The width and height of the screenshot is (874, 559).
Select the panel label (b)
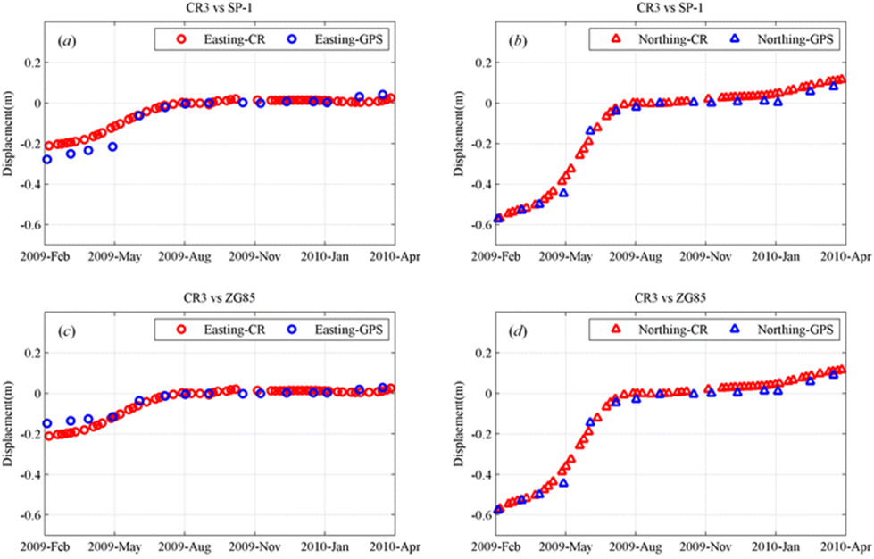click(515, 41)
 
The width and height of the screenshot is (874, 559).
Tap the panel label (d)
click(515, 331)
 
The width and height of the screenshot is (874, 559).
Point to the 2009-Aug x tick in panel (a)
click(185, 257)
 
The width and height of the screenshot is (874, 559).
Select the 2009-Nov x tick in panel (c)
click(254, 547)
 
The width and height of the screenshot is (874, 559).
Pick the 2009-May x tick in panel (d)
click(564, 547)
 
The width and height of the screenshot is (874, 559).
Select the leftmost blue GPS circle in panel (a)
click(47, 159)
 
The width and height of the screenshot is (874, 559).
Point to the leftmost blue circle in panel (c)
click(47, 423)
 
